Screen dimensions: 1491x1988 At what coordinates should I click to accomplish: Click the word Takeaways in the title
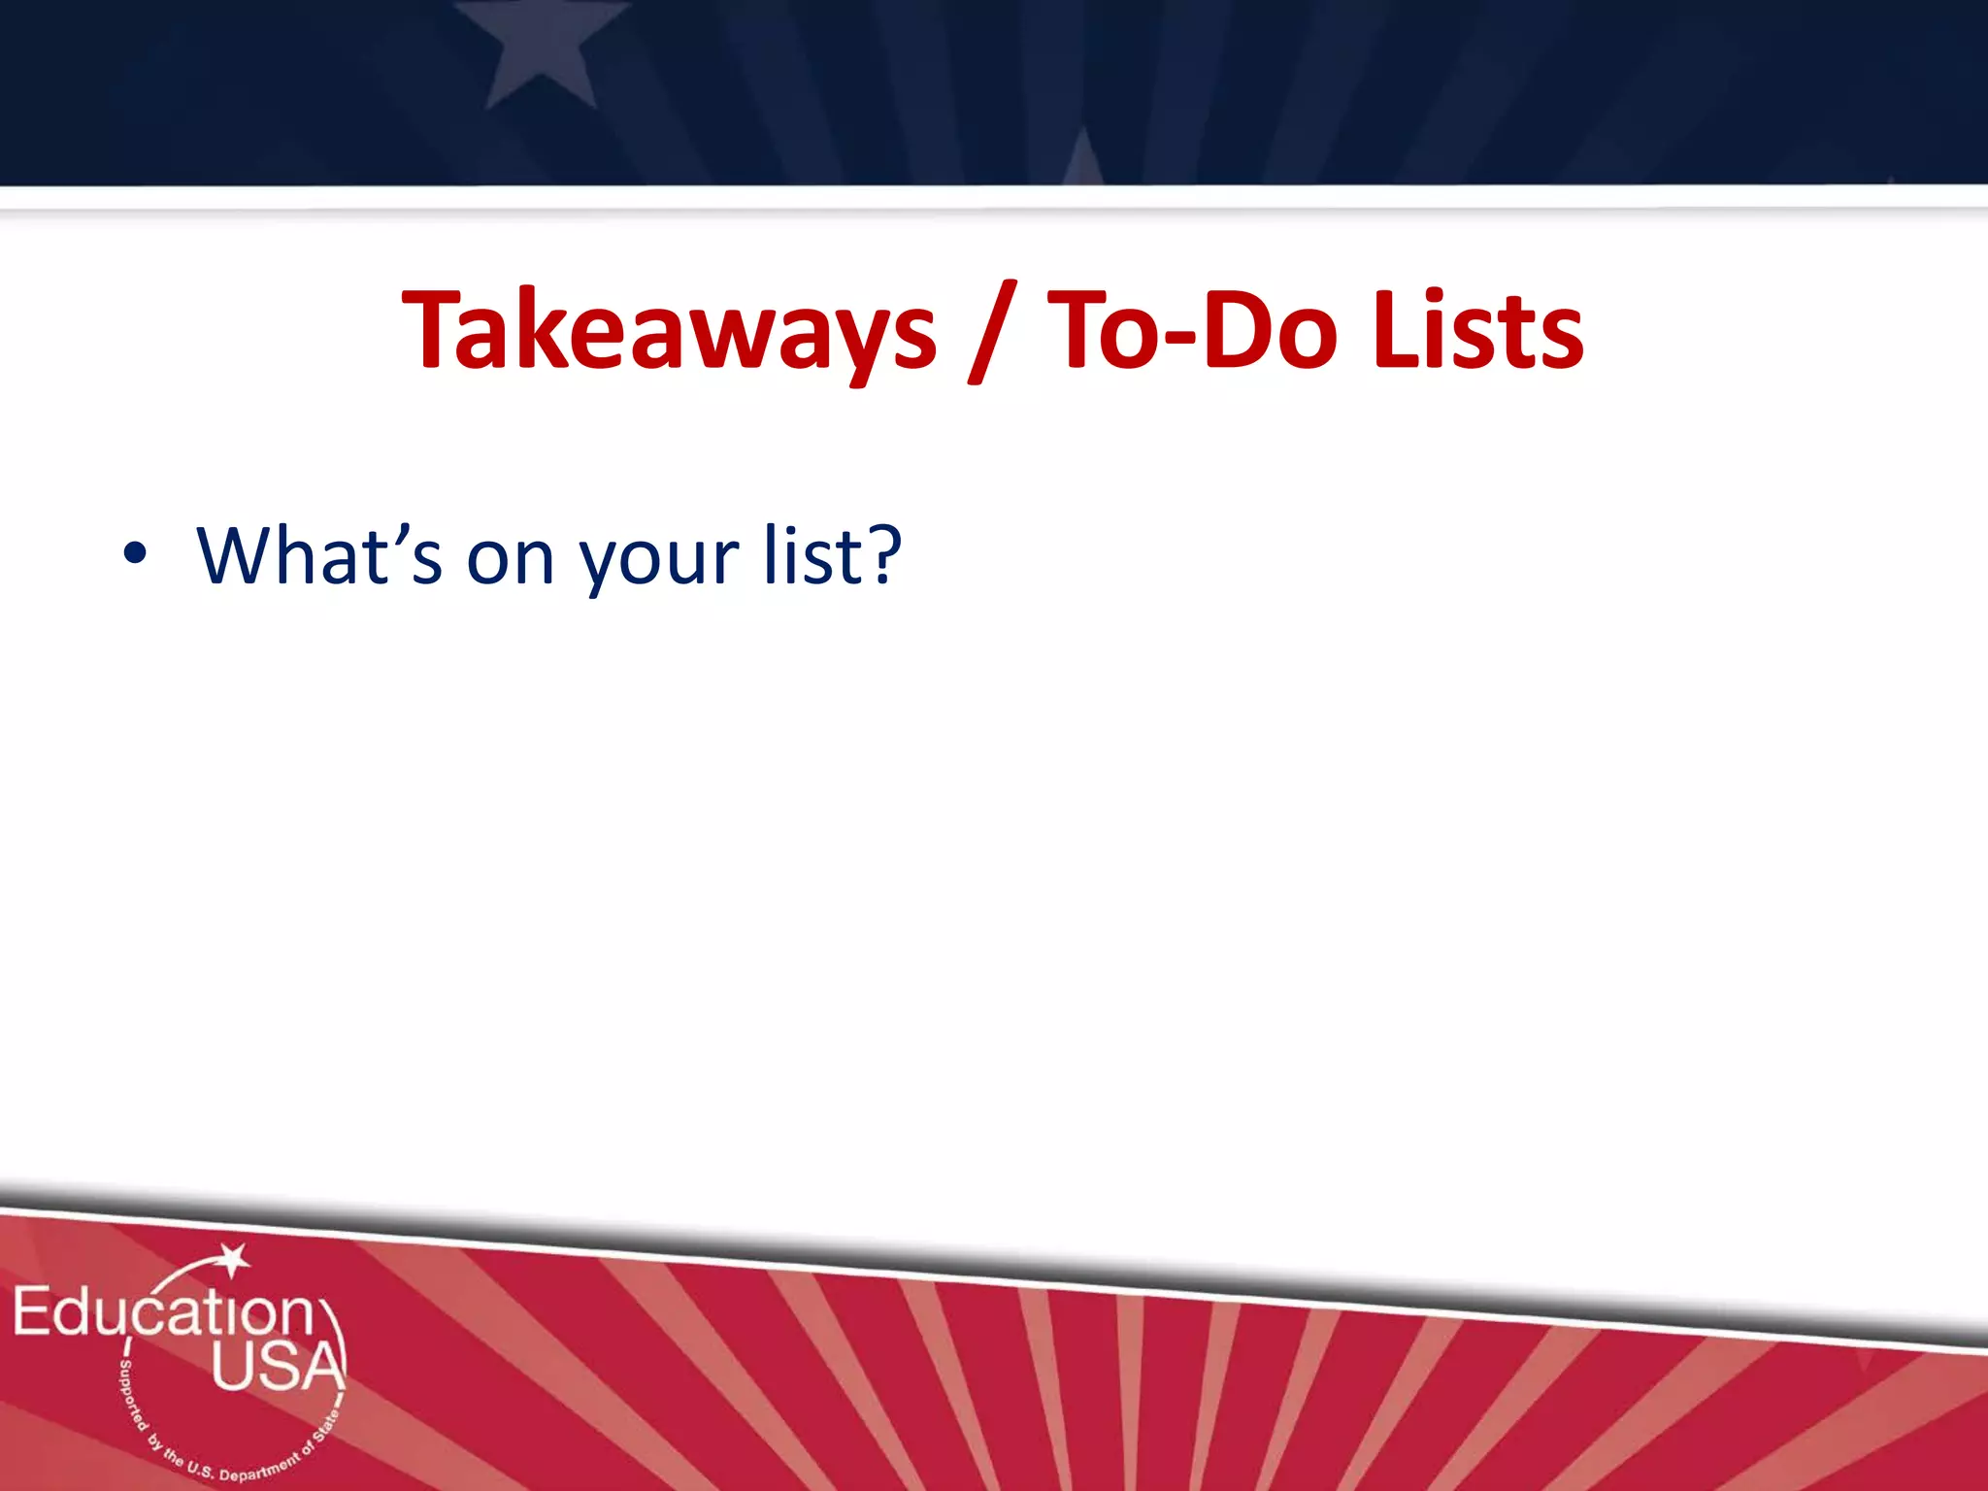(x=669, y=330)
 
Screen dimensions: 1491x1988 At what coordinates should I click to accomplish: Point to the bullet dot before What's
(x=135, y=554)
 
